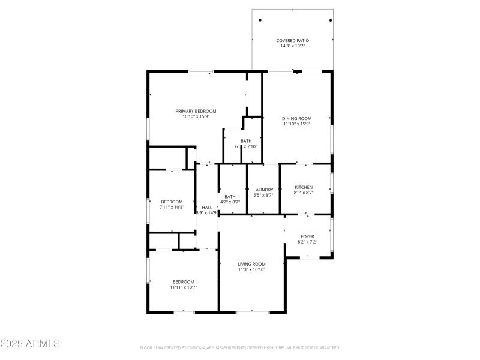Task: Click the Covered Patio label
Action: [x=292, y=40]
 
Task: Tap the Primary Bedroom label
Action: [x=196, y=111]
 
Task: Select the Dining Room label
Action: [x=297, y=118]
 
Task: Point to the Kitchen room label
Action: [x=303, y=187]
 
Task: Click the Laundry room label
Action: [x=263, y=190]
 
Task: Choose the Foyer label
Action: [x=307, y=236]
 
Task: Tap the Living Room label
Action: [x=251, y=264]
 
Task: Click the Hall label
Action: [x=206, y=207]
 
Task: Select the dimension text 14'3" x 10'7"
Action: [x=292, y=46]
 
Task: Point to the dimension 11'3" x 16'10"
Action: [x=251, y=269]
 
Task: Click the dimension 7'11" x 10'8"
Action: [x=172, y=207]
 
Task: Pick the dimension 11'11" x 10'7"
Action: [x=184, y=287]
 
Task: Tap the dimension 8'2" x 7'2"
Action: [x=307, y=242]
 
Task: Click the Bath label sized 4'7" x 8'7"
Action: [x=230, y=197]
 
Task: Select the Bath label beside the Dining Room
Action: [x=247, y=141]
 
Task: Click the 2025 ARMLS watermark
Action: [x=30, y=344]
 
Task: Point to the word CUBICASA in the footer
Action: [x=196, y=347]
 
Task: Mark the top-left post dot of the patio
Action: [x=260, y=20]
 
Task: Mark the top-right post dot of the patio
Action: [x=331, y=20]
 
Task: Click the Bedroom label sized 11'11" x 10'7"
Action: [x=184, y=282]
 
